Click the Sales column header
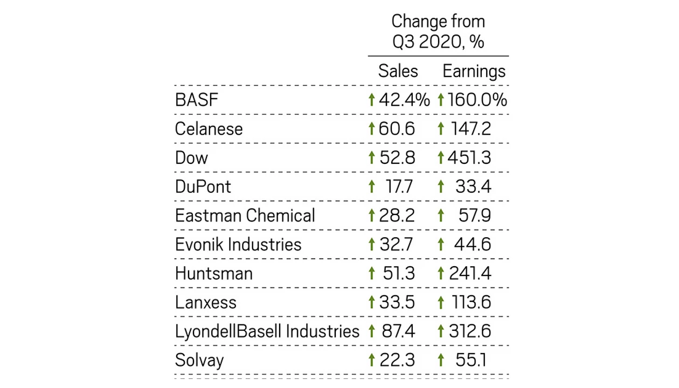click(x=398, y=71)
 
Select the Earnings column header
click(x=474, y=72)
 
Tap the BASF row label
click(x=197, y=100)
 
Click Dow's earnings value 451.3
click(x=469, y=157)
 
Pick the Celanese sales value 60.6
click(x=397, y=128)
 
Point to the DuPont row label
click(x=203, y=186)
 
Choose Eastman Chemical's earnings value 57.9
click(x=474, y=216)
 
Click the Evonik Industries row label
click(x=238, y=244)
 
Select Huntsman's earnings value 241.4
click(x=470, y=273)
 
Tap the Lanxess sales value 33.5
click(x=397, y=302)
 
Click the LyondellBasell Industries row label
click(x=267, y=331)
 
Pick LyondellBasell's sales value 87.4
click(x=398, y=331)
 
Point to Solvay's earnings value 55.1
click(x=471, y=360)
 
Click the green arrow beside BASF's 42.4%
click(x=372, y=100)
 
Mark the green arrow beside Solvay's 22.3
click(x=372, y=360)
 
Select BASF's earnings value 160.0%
click(x=477, y=100)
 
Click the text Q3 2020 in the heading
click(x=427, y=41)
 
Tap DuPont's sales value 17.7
click(x=399, y=186)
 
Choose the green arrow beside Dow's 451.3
click(x=441, y=157)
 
